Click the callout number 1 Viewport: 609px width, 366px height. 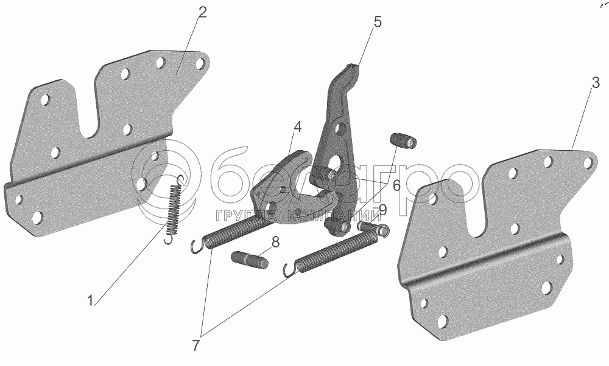click(x=90, y=300)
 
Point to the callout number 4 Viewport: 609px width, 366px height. click(x=297, y=127)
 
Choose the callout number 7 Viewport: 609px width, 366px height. click(x=196, y=345)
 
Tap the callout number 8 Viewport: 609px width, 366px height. click(x=275, y=242)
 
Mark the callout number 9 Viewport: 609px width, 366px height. click(x=382, y=210)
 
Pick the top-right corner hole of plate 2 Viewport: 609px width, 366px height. click(x=199, y=63)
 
